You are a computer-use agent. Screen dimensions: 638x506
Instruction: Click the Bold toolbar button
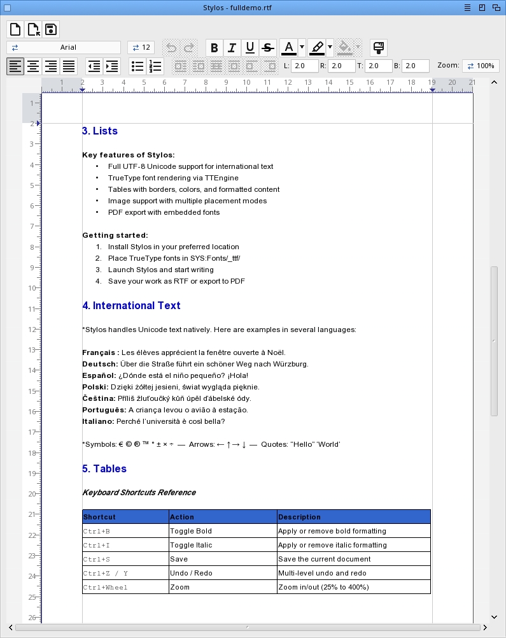214,48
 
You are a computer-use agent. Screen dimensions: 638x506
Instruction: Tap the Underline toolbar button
250,48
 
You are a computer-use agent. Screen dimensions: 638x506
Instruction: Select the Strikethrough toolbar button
268,48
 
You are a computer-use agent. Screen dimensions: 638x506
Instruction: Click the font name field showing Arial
64,48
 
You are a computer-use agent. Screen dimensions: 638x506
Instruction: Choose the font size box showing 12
141,48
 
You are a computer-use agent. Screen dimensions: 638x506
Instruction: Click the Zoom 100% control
481,66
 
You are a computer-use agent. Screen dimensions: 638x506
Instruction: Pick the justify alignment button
69,66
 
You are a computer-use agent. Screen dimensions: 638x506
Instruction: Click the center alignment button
33,66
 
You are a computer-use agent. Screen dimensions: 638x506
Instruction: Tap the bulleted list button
137,66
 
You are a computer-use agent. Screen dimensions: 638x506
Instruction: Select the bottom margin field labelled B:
415,66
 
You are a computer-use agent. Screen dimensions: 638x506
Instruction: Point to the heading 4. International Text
131,306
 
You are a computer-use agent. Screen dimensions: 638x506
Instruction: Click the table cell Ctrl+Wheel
106,587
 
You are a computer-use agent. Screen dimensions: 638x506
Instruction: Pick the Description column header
299,517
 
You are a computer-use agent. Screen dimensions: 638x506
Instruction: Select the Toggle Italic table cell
191,545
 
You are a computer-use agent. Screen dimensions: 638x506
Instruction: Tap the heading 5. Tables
104,469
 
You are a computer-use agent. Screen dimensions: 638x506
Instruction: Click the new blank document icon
15,29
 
